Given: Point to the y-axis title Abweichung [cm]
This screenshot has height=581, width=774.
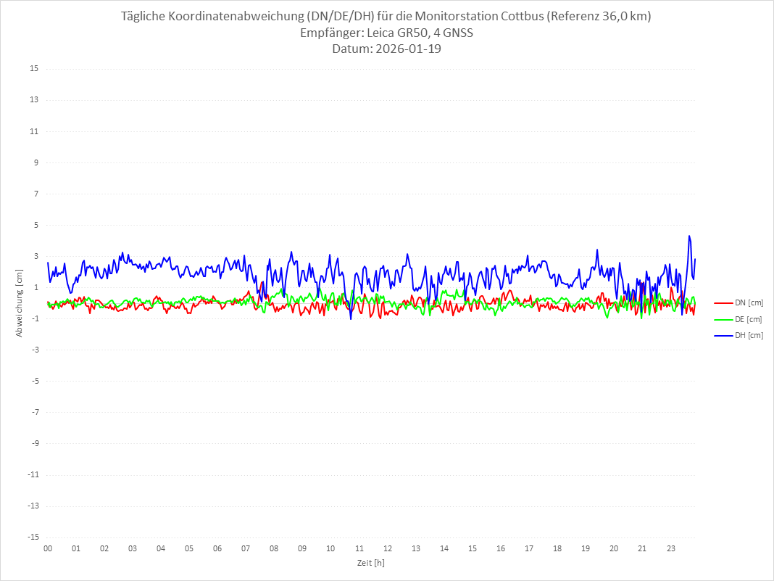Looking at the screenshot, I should point(20,302).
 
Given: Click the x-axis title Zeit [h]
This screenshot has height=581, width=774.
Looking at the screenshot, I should point(370,562).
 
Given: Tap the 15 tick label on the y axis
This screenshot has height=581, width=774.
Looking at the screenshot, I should point(34,69).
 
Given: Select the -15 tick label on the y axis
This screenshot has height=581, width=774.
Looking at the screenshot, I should point(33,537).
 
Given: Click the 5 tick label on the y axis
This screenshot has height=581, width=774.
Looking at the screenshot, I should point(36,225).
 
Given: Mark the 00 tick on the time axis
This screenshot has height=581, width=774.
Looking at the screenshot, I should point(48,548).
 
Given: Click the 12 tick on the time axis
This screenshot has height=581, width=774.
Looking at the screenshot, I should point(388,548).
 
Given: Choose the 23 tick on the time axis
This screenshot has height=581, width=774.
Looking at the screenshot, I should point(671,548).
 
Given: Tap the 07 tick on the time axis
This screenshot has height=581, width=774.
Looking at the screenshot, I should point(246,548).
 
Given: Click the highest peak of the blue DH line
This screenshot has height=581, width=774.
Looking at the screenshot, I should point(689,236).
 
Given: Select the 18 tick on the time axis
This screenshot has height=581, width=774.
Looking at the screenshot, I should point(557,548).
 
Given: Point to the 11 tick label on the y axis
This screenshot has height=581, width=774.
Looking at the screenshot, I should point(34,131).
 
